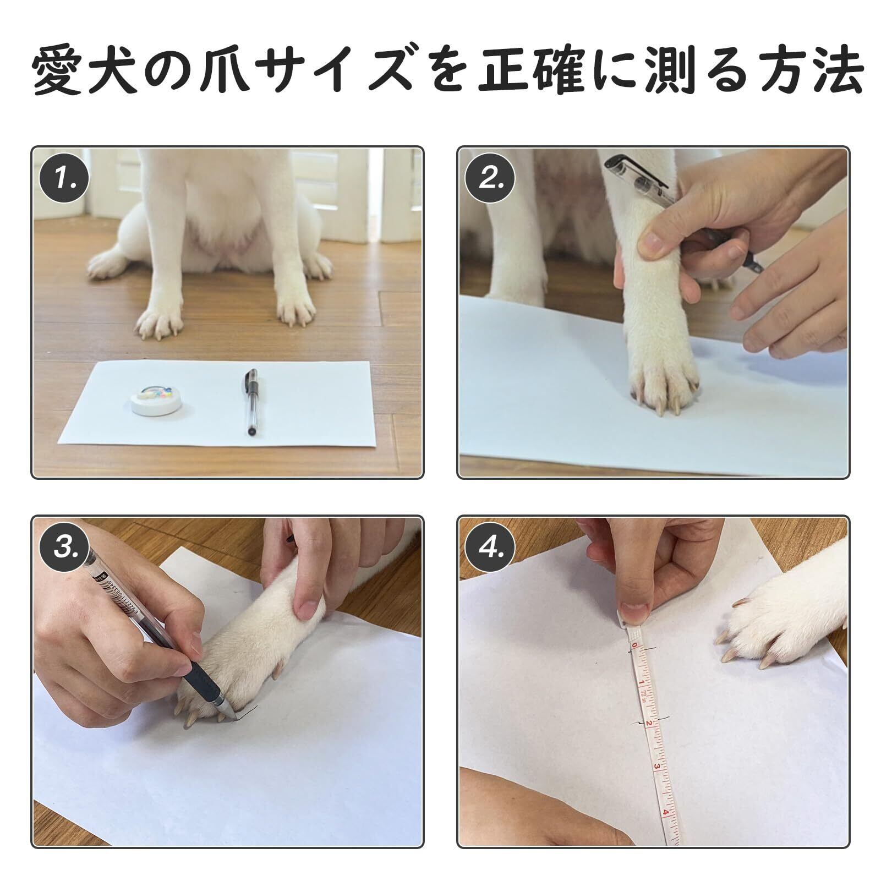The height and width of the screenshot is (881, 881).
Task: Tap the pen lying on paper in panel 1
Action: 251,402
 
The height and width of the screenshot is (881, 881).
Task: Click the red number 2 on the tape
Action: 649,722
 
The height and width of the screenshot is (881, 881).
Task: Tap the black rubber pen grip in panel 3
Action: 199,686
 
